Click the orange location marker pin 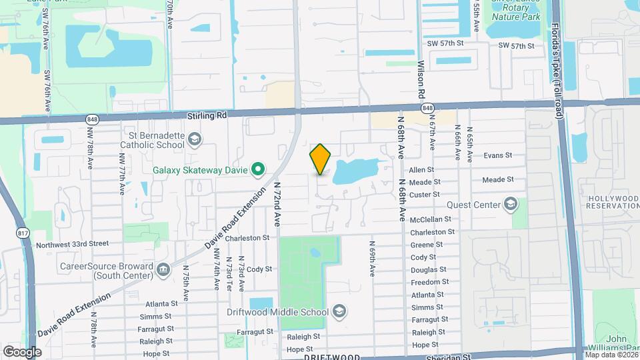pos(321,159)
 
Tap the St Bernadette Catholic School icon pos(195,139)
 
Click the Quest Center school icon pos(511,203)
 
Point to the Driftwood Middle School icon pos(339,311)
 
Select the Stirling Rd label pos(207,115)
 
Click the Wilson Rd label pos(422,83)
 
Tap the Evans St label pos(498,155)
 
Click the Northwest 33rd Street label pos(72,244)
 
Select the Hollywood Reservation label pos(612,203)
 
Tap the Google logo pos(22,351)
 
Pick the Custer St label pos(425,194)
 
